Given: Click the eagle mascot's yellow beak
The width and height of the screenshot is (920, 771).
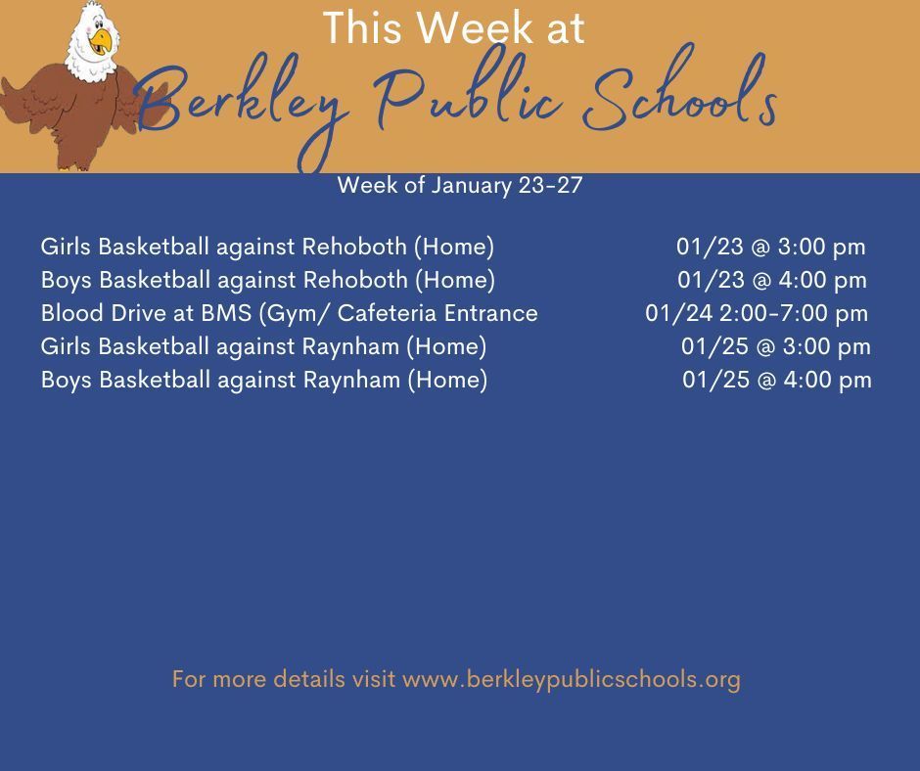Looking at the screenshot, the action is tap(102, 41).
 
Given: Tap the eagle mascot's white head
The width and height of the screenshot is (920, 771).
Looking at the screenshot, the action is tap(92, 40).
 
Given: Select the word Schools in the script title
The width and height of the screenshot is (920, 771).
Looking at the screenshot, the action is tap(680, 88).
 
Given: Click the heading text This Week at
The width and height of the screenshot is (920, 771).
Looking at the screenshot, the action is tap(453, 27).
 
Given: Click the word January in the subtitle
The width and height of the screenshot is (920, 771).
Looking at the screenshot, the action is tap(471, 186).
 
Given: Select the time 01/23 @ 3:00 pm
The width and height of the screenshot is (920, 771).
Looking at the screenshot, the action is tap(770, 247).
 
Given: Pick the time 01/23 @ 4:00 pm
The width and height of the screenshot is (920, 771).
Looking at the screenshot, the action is tap(771, 280).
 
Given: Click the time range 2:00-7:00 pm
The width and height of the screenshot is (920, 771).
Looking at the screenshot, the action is tap(794, 313).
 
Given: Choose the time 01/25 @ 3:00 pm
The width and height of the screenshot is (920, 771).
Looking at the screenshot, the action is tap(776, 346).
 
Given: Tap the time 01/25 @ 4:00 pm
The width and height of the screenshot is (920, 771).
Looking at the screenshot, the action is tap(777, 381).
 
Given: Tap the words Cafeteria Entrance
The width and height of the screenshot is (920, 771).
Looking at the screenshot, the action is tap(437, 313).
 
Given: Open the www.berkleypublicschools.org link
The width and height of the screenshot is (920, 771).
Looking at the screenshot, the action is tap(571, 679).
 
